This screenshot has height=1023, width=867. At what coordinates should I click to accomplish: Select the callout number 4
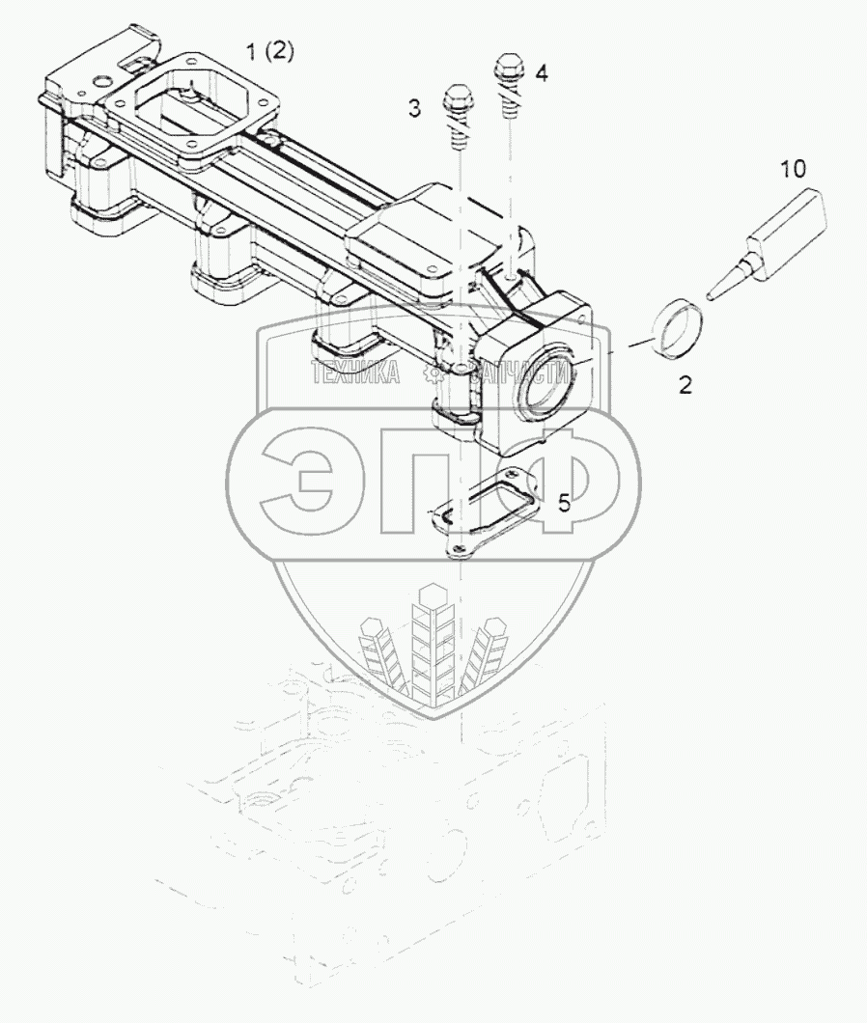pyautogui.click(x=542, y=72)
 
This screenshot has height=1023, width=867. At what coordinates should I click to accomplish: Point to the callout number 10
pyautogui.click(x=793, y=170)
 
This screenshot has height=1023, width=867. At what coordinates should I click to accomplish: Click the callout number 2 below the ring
pyautogui.click(x=685, y=385)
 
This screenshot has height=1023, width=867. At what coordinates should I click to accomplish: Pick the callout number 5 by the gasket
pyautogui.click(x=564, y=502)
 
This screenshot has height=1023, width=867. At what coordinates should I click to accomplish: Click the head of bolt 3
pyautogui.click(x=455, y=98)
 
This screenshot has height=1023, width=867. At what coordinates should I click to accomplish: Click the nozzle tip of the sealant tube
pyautogui.click(x=713, y=292)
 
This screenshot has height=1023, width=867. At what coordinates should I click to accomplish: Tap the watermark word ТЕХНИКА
pyautogui.click(x=355, y=373)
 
